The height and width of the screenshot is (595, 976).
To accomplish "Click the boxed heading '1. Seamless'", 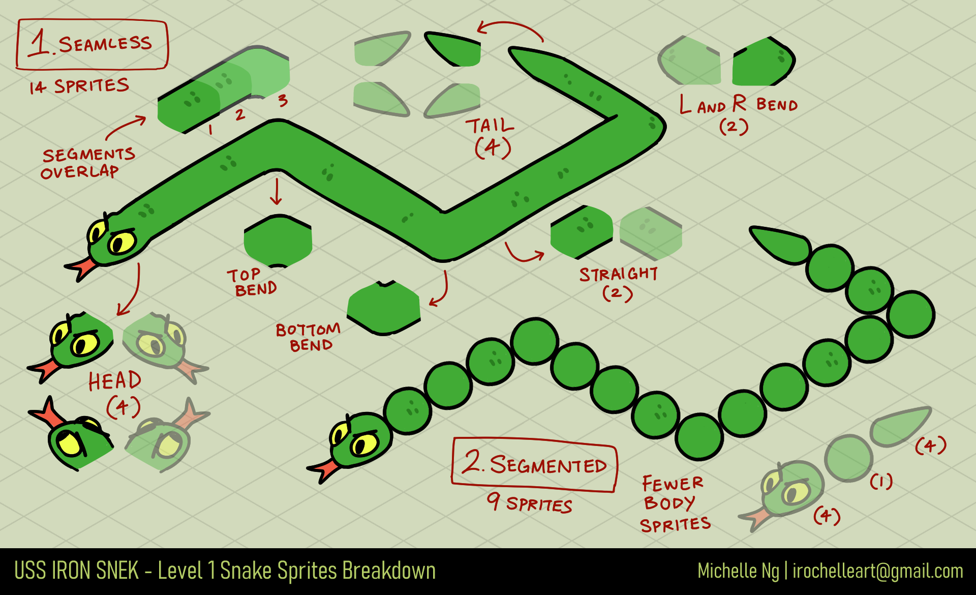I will click(92, 45).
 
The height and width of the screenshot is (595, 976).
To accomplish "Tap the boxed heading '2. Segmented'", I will click(534, 464).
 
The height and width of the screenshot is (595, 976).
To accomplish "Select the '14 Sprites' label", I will click(79, 86).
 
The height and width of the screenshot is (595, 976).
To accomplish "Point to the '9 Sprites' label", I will click(529, 503).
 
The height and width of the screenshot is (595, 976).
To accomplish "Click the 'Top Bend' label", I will click(252, 282).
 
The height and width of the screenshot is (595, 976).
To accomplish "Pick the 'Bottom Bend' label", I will click(308, 338).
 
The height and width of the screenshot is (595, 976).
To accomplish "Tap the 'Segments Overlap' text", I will click(87, 163).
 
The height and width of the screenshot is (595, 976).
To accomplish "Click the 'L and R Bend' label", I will click(739, 105).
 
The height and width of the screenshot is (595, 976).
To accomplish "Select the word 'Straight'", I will click(619, 275).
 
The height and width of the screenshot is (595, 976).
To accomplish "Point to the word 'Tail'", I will click(490, 126).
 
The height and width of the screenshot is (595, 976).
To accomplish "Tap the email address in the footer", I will click(877, 571).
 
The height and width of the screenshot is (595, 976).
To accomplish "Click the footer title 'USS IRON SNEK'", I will click(76, 571).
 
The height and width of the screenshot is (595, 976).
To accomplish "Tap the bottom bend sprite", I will click(384, 308).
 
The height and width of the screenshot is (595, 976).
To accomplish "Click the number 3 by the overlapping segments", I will click(283, 101).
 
